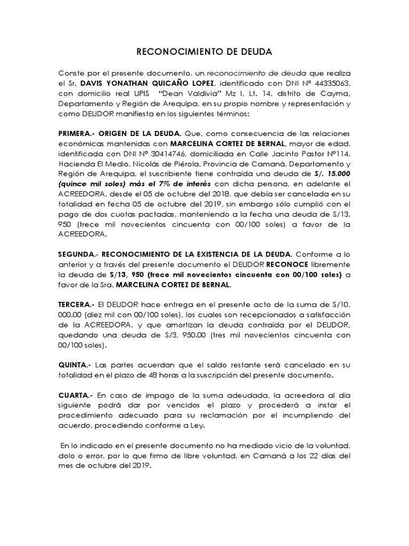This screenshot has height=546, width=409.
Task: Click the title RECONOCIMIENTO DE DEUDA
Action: [x=204, y=52]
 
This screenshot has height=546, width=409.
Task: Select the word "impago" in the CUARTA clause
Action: [x=143, y=395]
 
